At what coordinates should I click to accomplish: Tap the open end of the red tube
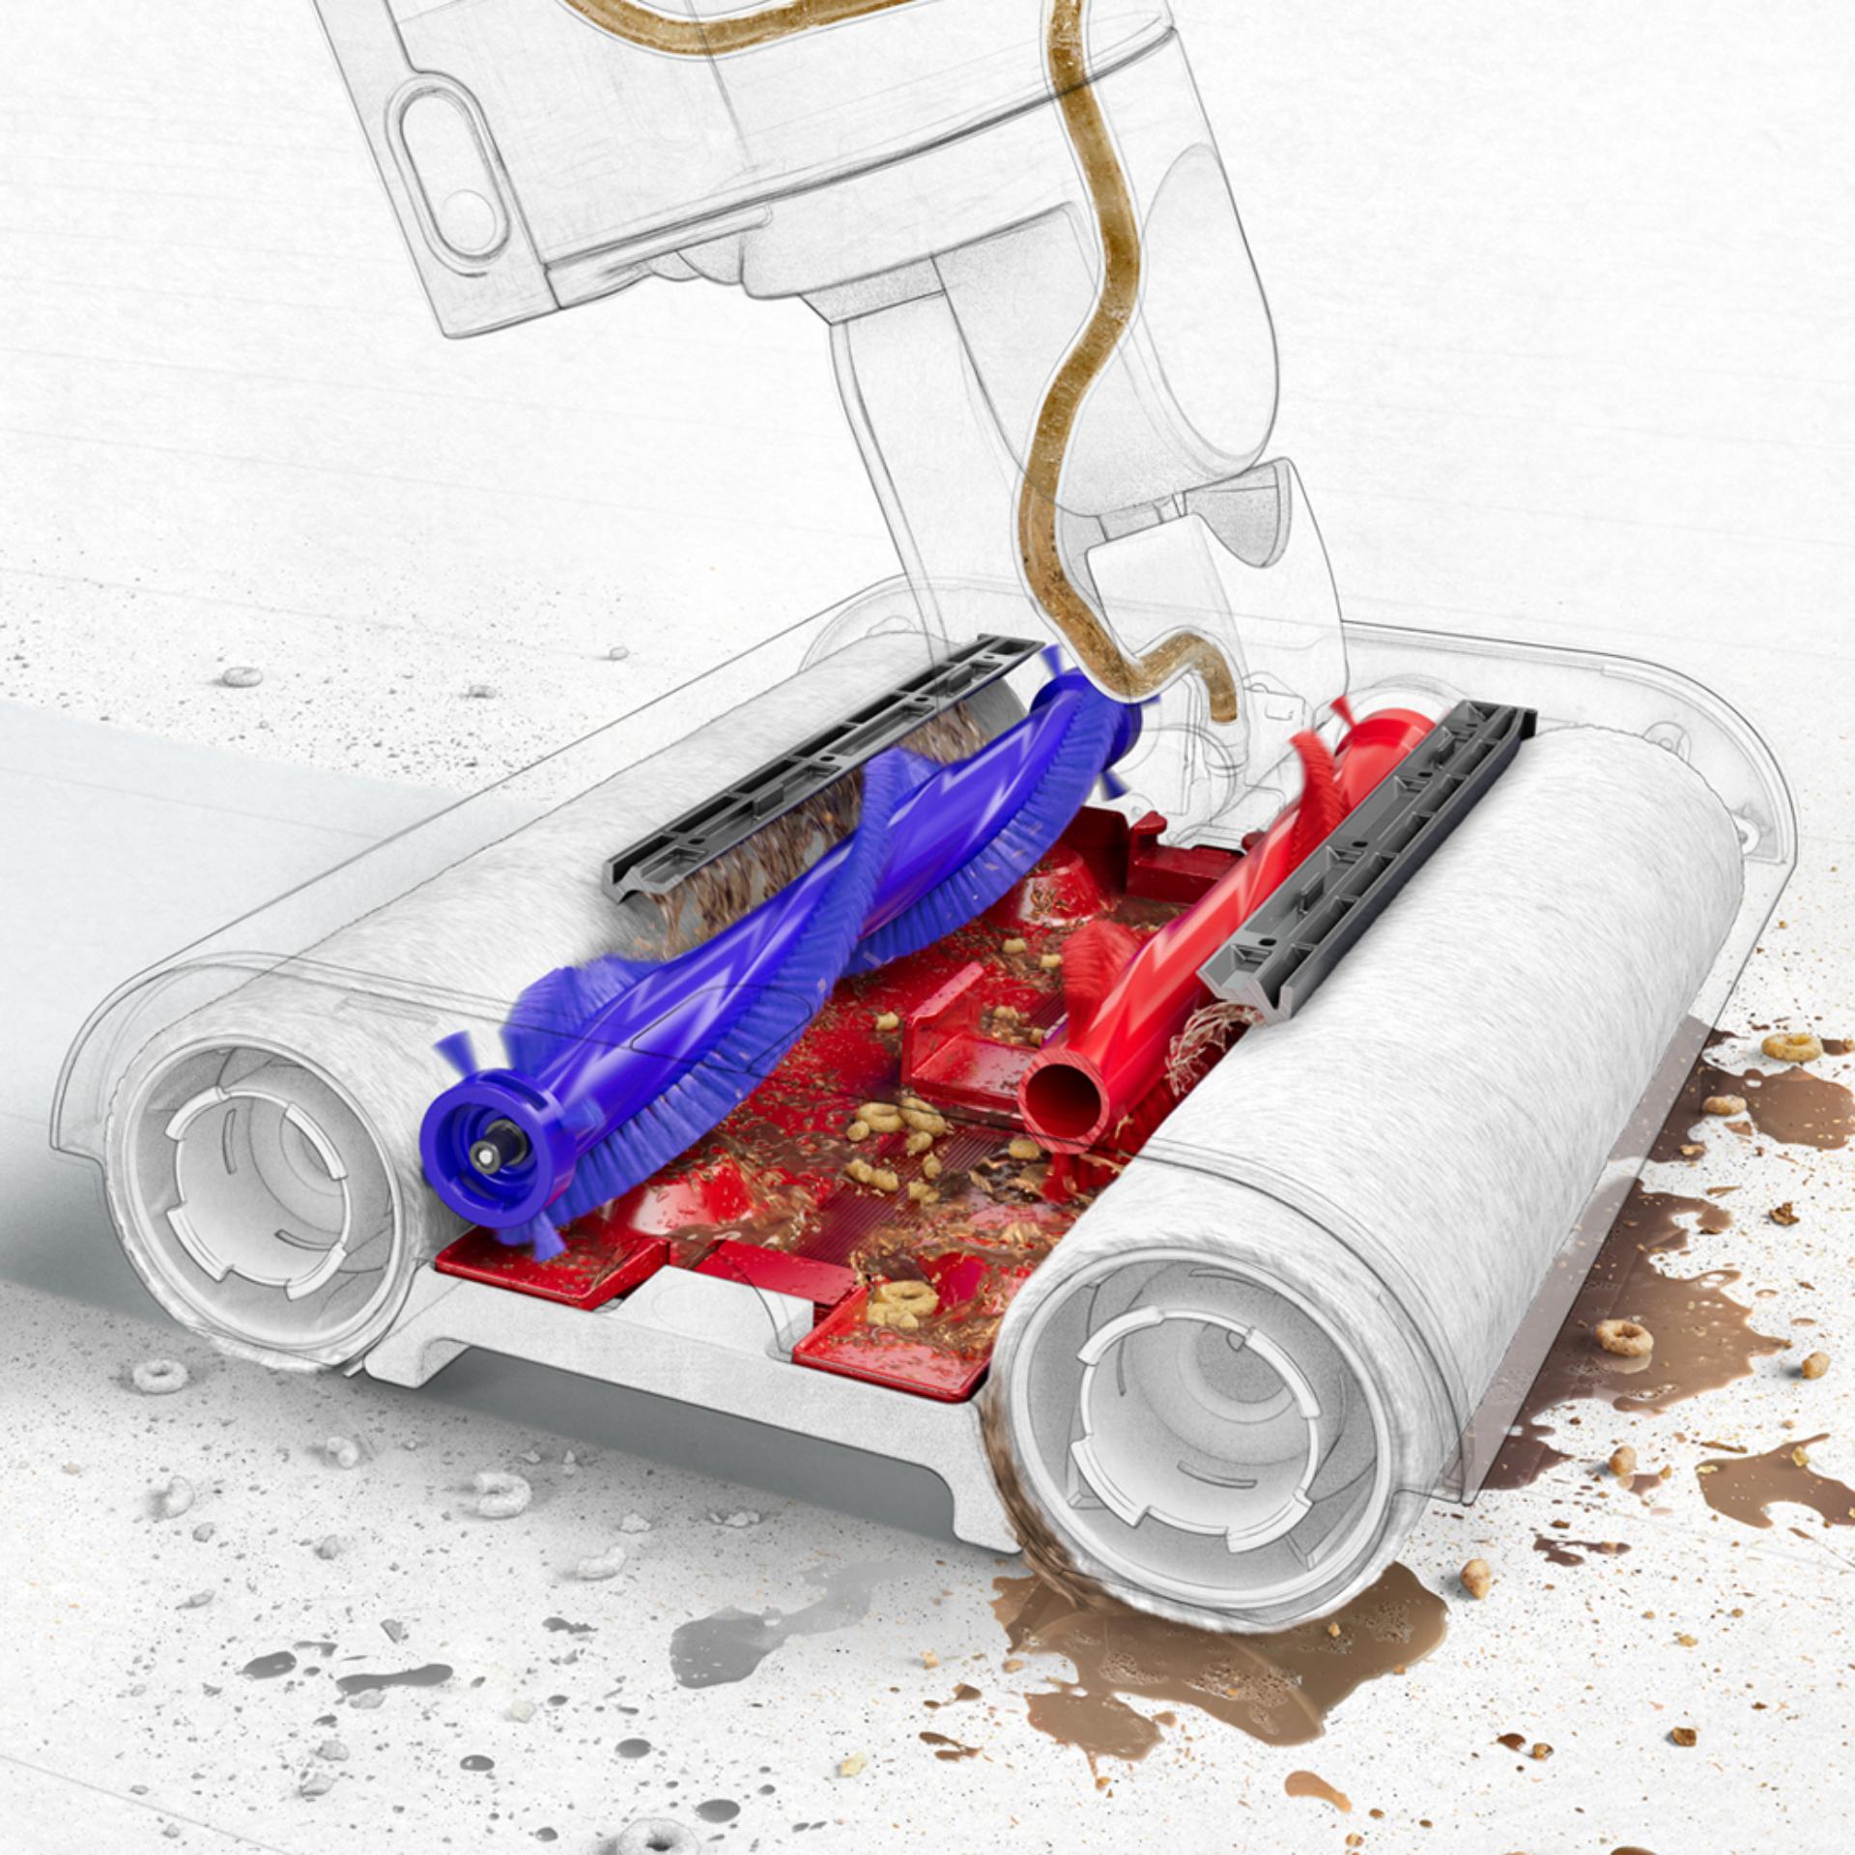[1063, 1098]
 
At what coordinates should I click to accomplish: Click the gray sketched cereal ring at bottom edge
[657, 1836]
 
